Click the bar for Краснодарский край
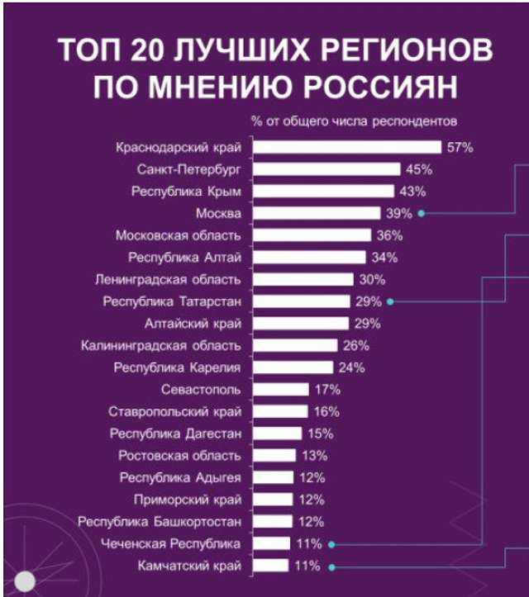coord(346,147)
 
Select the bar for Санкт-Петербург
coord(326,169)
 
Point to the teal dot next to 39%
coord(422,213)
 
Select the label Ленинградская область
coord(168,279)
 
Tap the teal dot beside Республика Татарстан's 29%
coord(388,301)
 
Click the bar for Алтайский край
coord(300,323)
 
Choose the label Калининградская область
coord(161,345)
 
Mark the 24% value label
coord(351,367)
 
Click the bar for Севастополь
coord(280,389)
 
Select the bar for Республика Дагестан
coord(277,434)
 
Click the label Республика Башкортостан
coord(160,522)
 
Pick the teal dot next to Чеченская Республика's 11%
coord(330,544)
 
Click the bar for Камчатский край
coord(270,566)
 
